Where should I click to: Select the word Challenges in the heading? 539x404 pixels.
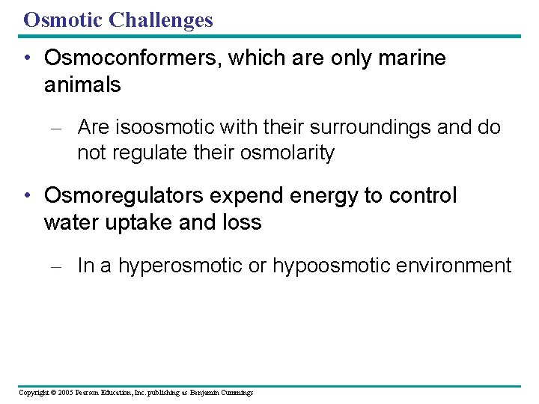click(x=161, y=19)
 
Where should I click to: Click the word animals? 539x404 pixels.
click(x=82, y=85)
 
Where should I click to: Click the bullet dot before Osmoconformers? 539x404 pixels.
click(x=28, y=58)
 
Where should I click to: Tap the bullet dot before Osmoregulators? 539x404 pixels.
click(x=28, y=196)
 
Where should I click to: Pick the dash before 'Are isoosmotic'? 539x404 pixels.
click(x=63, y=128)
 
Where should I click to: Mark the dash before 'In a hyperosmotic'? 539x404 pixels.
click(x=63, y=266)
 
